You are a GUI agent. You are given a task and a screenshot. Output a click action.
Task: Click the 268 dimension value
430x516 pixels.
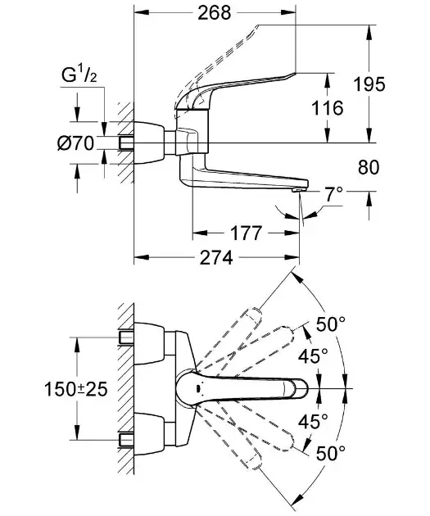point(215,13)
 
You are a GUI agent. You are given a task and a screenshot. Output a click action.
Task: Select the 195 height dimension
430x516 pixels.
point(369,84)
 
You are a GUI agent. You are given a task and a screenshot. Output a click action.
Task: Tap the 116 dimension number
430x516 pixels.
point(328,108)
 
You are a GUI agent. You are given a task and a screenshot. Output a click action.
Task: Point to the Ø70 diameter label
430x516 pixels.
point(75,143)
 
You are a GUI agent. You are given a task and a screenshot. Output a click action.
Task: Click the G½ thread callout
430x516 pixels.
point(79,75)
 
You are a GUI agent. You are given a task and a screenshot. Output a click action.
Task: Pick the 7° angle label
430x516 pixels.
point(334,194)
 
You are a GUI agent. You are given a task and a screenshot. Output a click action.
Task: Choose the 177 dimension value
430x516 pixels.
point(246,233)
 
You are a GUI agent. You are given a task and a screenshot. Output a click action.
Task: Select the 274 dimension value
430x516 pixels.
point(216,257)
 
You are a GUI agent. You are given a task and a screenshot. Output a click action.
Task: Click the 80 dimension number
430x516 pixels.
point(369,167)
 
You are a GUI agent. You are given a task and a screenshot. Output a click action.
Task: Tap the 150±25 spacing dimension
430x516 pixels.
point(76,389)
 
